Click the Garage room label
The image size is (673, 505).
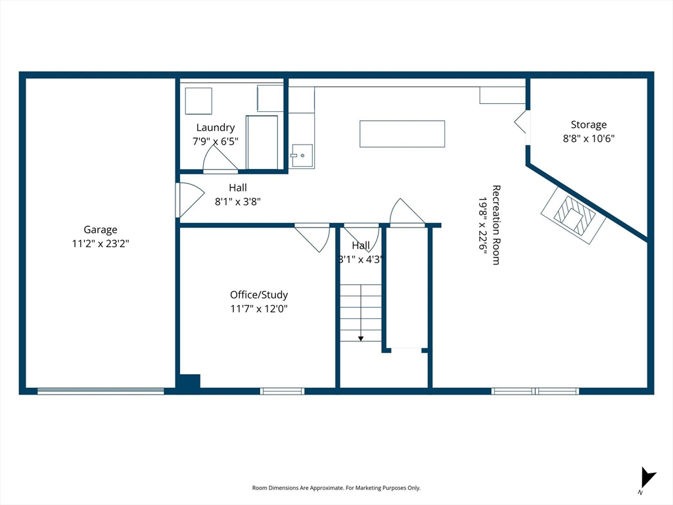click(x=101, y=229)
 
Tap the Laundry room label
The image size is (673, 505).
click(x=215, y=128)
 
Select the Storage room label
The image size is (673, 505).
click(x=588, y=124)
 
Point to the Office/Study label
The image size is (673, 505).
click(x=258, y=295)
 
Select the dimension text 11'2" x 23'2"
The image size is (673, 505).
click(x=101, y=243)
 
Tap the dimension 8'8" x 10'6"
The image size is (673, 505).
click(x=588, y=138)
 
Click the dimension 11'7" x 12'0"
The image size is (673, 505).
click(x=258, y=308)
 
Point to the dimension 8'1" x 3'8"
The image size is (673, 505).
click(x=238, y=202)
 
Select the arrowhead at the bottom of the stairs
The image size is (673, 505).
click(x=361, y=338)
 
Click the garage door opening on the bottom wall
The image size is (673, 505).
click(x=101, y=391)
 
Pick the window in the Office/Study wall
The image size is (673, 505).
click(x=282, y=391)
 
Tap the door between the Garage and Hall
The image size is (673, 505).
click(x=187, y=200)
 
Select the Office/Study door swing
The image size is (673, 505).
click(x=314, y=237)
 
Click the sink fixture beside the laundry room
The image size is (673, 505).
click(x=302, y=156)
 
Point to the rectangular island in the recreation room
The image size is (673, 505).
click(x=402, y=133)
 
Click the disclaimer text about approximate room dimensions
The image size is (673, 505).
click(x=336, y=488)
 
